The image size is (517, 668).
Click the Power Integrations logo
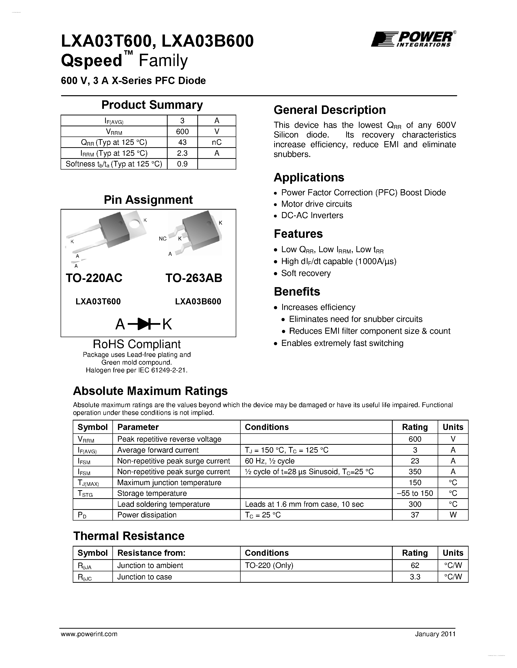413,39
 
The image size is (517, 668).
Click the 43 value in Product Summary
182,142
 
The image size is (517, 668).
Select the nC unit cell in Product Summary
217,142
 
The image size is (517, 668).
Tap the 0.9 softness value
182,164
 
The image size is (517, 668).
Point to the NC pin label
163,239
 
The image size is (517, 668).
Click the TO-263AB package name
194,278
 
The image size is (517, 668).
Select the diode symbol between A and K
144,324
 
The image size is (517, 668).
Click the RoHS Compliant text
136,344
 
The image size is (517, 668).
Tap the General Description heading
330,110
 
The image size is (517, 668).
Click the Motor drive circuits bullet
316,204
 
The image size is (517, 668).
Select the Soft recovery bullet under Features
306,273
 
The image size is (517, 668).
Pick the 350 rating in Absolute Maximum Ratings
415,472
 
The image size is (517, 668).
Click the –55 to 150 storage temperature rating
415,493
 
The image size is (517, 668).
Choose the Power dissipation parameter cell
147,515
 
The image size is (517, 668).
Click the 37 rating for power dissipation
415,515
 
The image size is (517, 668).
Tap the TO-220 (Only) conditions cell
269,565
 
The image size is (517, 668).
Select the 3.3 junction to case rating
415,577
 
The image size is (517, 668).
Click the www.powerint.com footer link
89,634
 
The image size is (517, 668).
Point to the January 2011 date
435,634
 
